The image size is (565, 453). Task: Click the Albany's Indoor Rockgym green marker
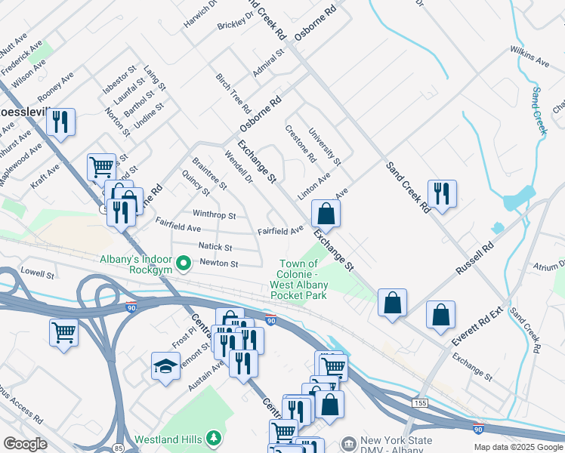point(183,263)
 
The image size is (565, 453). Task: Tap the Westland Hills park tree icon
point(214,438)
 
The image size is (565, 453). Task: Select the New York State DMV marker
point(347,442)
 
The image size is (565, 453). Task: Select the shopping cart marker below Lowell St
point(64,331)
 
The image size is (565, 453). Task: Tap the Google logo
point(25,443)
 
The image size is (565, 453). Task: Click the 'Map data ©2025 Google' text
point(517,447)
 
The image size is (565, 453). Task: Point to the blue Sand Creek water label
point(539,110)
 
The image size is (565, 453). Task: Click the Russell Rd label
point(474,258)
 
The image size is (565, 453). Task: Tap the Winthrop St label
point(215,215)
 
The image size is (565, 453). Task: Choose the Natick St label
point(215,247)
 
